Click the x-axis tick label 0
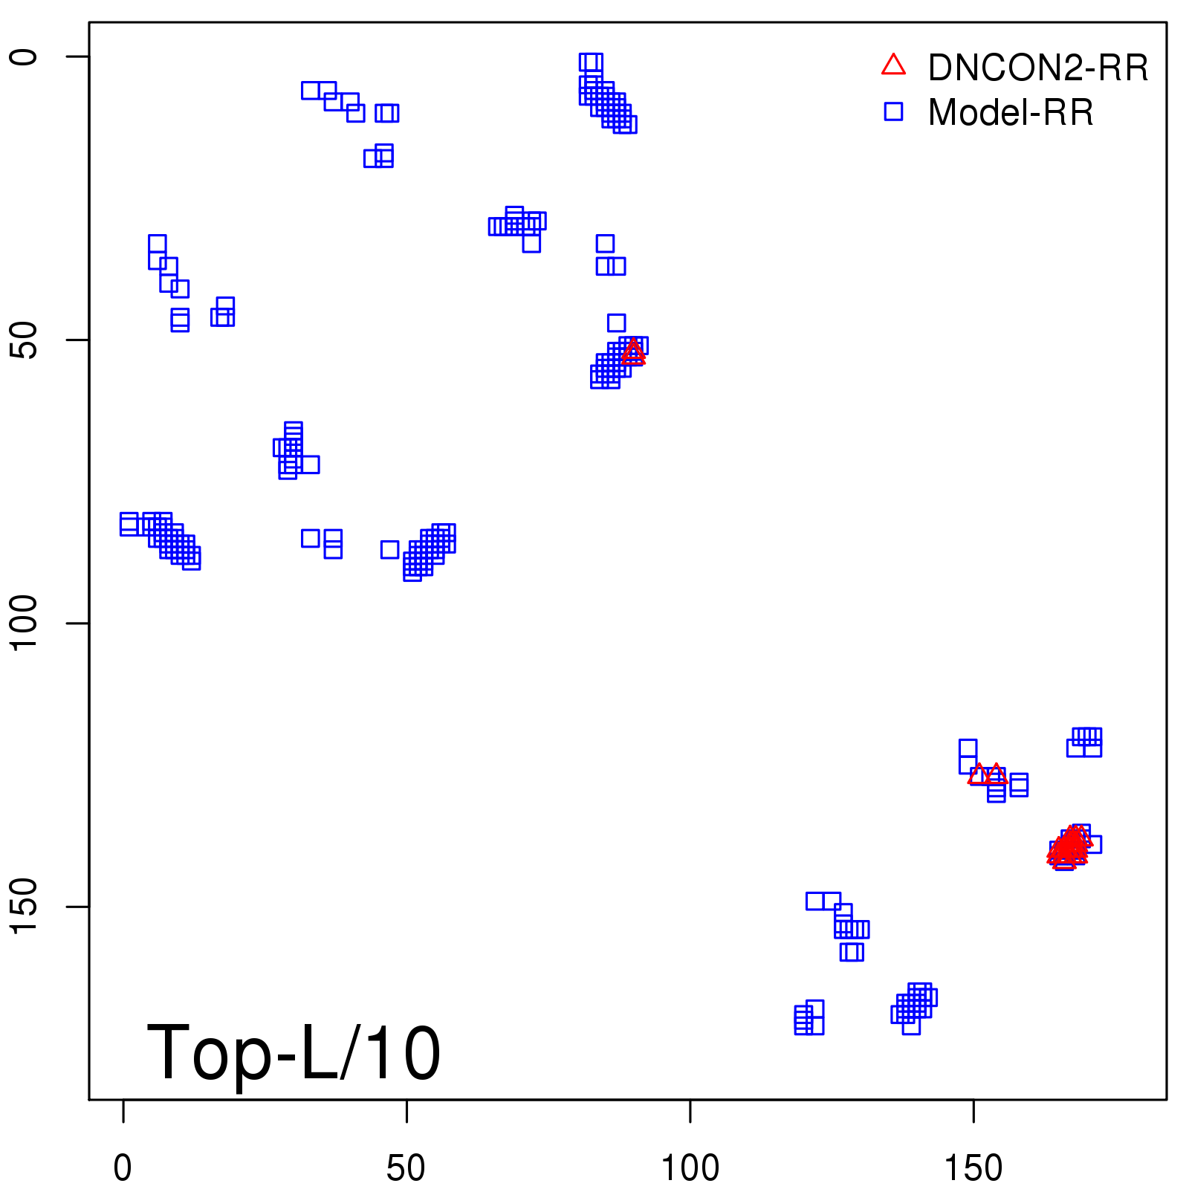(123, 1169)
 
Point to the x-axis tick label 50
(406, 1169)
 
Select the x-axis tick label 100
(690, 1169)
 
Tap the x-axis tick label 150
(973, 1169)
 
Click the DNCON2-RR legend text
(1038, 68)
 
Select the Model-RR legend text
(1011, 113)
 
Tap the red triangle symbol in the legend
(893, 65)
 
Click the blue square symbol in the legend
(893, 111)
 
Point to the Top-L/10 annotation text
(294, 1053)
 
